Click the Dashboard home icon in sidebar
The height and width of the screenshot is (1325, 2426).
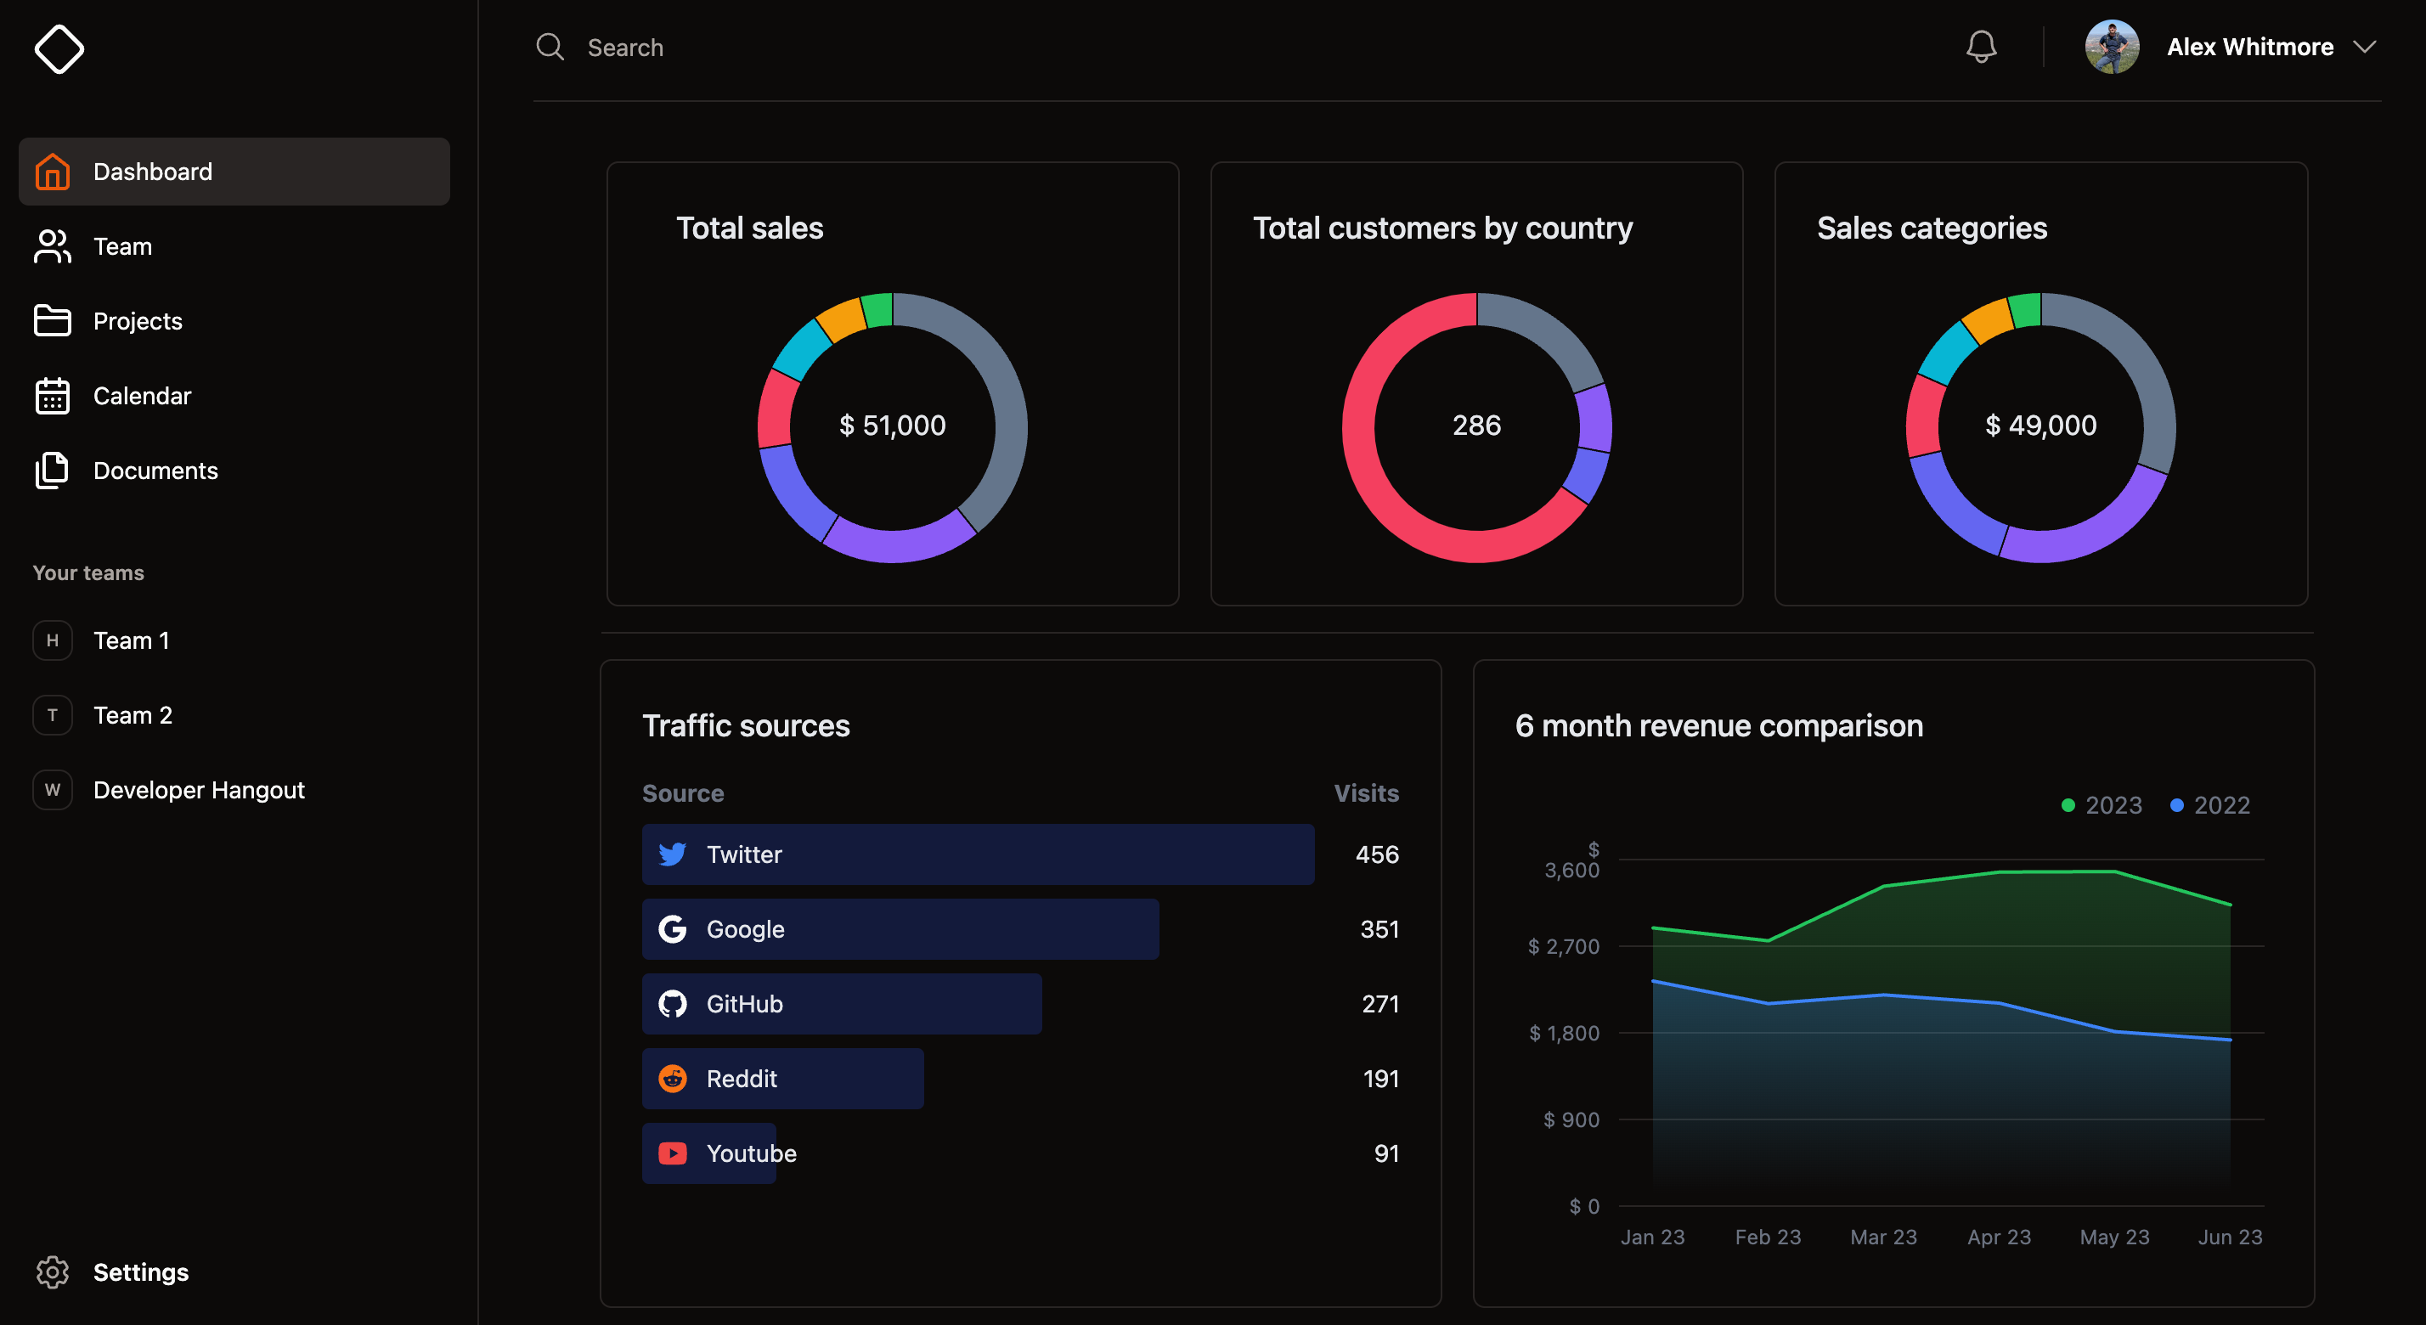[x=52, y=172]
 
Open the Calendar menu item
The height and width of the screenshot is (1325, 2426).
[x=141, y=396]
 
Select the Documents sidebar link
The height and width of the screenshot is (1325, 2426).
[x=155, y=471]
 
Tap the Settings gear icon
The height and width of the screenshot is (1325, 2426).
[x=52, y=1272]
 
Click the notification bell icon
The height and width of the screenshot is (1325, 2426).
[x=1981, y=47]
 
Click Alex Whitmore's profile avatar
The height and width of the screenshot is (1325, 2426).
[x=2112, y=47]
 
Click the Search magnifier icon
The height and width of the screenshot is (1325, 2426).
[x=550, y=47]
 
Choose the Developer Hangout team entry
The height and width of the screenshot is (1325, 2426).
[x=199, y=790]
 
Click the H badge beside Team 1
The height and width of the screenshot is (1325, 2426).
[x=53, y=640]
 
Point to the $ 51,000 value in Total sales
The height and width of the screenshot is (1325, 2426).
[x=892, y=426]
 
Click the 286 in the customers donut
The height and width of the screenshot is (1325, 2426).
[x=1475, y=426]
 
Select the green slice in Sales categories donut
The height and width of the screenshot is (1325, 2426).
[x=2025, y=310]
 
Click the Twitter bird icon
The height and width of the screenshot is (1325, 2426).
[x=673, y=854]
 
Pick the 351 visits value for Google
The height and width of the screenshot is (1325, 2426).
[x=1379, y=929]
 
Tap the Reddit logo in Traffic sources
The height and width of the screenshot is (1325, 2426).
[x=673, y=1079]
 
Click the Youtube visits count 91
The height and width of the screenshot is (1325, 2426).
[x=1385, y=1153]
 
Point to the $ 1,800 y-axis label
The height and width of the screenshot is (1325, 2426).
[x=1565, y=1033]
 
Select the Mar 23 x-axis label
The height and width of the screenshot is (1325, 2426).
[x=1882, y=1237]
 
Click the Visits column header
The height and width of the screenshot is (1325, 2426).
[x=1366, y=793]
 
